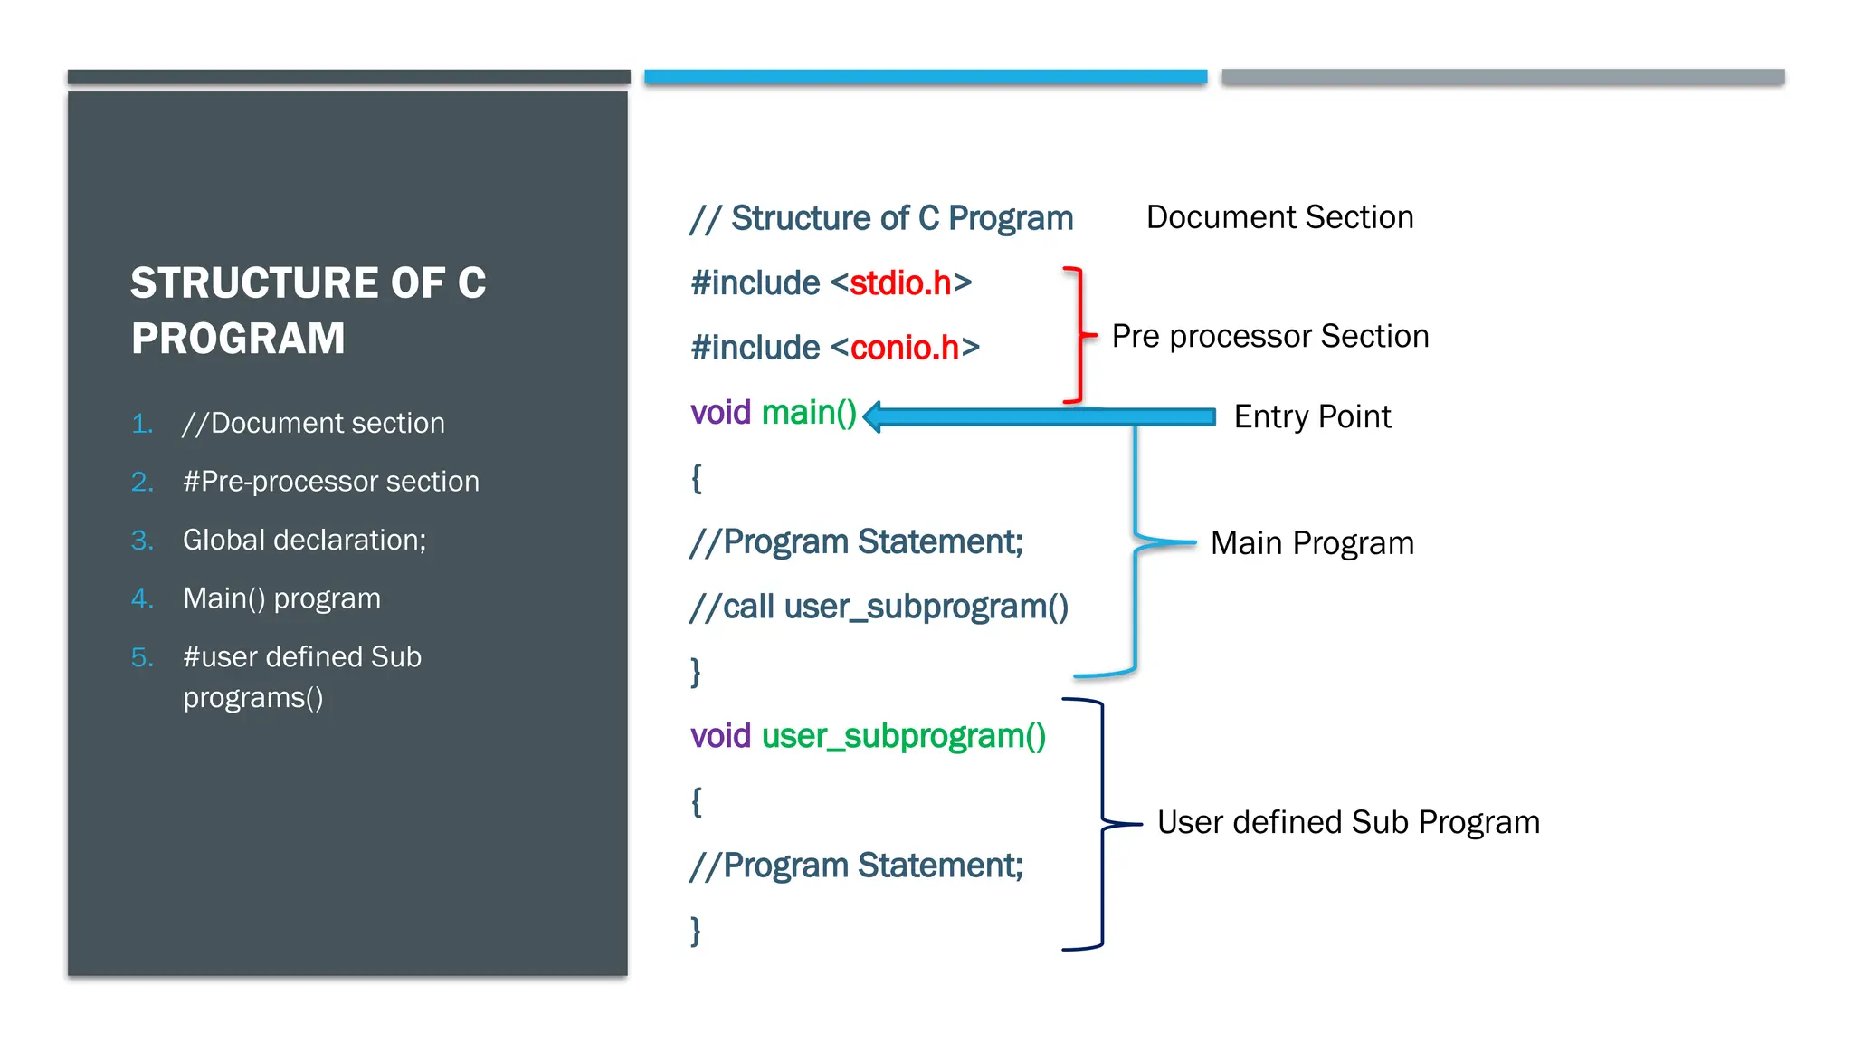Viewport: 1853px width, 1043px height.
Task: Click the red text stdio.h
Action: click(x=899, y=283)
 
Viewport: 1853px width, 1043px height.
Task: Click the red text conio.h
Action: click(x=904, y=348)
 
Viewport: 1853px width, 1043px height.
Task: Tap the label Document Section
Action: click(x=1278, y=217)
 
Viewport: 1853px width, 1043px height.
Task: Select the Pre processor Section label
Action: click(x=1269, y=336)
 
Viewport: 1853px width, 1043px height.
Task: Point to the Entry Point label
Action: click(x=1312, y=416)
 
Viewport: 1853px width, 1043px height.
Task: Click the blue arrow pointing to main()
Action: click(x=1041, y=416)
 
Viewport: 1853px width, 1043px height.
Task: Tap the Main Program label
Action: click(x=1311, y=543)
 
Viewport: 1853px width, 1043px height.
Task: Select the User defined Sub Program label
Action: click(x=1347, y=822)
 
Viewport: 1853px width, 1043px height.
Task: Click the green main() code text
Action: click(x=808, y=413)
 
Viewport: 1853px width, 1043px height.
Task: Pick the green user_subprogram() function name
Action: click(x=903, y=736)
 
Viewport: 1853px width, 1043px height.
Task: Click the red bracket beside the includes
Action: click(x=1078, y=336)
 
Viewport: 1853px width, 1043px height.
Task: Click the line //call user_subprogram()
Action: click(x=879, y=607)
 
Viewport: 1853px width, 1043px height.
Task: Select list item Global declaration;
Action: click(x=304, y=540)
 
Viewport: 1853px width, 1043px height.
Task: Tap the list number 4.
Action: click(x=141, y=598)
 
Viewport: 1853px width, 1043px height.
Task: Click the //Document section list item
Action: click(x=313, y=423)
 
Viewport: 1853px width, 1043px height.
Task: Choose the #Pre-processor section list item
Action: click(x=330, y=482)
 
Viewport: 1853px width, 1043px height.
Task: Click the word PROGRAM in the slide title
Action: click(x=238, y=339)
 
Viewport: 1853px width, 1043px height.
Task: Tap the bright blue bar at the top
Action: click(x=925, y=77)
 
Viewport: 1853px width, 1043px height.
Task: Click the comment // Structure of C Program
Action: click(x=881, y=218)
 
